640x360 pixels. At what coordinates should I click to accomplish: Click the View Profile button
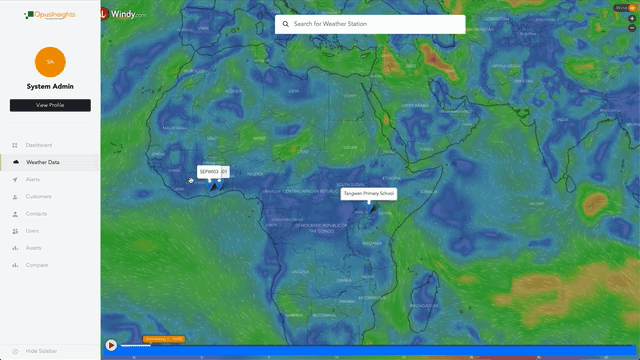tap(50, 105)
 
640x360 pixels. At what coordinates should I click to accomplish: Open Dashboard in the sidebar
tap(39, 145)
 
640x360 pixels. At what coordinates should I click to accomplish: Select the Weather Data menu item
tap(42, 161)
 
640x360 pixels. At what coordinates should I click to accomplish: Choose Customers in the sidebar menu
tap(39, 196)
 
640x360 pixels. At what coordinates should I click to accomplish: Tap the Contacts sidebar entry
tap(36, 213)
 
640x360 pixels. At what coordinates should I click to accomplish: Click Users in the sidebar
tap(33, 230)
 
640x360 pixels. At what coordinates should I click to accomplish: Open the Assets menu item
tap(33, 247)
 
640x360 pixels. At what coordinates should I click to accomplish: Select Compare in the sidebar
tap(37, 264)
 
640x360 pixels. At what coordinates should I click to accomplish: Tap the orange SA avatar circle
tap(50, 62)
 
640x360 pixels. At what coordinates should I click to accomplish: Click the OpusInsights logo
tap(49, 15)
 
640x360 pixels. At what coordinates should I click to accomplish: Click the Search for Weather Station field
tap(375, 24)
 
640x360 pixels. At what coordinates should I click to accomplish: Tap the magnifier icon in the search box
tap(285, 24)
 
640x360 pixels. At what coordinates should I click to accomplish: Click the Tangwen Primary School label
tap(370, 193)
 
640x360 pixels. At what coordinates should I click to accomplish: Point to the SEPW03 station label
tap(211, 171)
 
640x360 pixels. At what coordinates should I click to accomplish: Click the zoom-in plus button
tap(631, 18)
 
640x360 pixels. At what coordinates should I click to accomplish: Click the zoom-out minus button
tap(631, 29)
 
